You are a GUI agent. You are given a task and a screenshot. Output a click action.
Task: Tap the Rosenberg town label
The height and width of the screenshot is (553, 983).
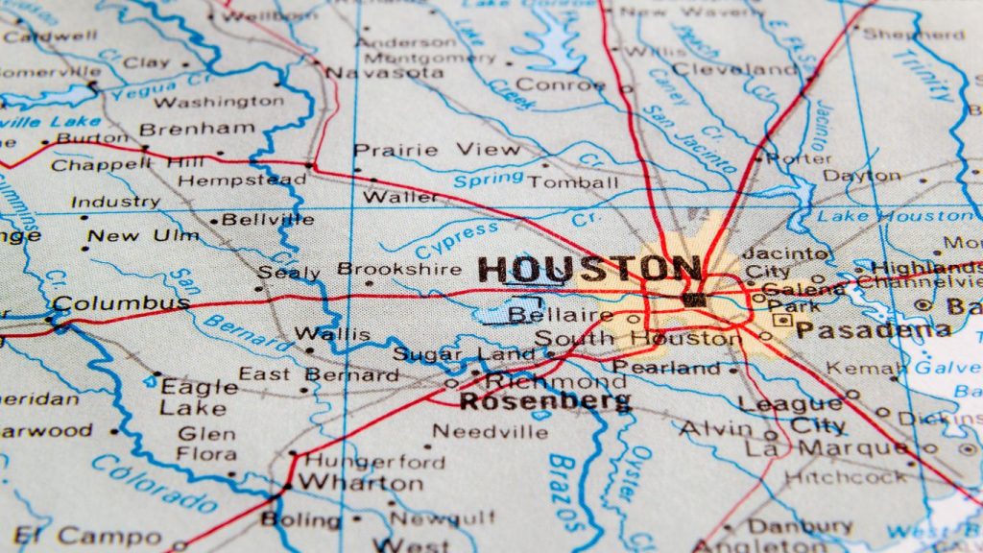[x=545, y=401]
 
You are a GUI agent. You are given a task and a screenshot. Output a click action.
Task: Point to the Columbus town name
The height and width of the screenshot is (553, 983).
[x=121, y=304]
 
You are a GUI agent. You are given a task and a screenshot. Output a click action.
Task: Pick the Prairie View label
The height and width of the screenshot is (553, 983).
[x=423, y=150]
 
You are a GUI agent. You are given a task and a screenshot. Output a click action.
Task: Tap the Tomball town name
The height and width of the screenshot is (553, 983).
[x=574, y=181]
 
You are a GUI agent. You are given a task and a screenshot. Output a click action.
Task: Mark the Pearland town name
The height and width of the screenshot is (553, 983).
[x=666, y=368]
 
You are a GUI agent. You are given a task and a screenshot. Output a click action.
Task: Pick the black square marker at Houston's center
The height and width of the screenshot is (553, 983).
[x=693, y=300]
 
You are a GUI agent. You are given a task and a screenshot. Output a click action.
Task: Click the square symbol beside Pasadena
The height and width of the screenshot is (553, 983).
[x=784, y=320]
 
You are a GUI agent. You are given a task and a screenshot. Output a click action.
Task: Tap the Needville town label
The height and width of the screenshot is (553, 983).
[x=490, y=432]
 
